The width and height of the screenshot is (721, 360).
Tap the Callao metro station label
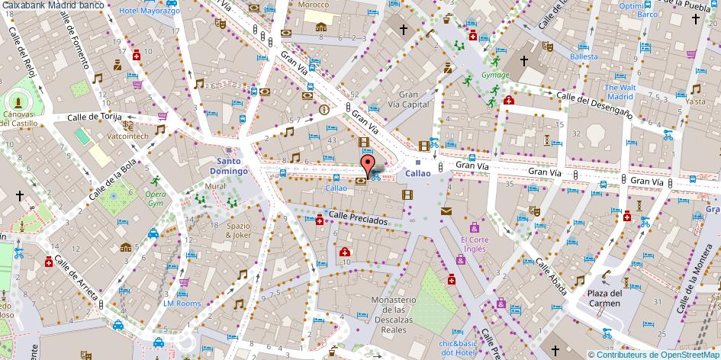(x=418, y=173)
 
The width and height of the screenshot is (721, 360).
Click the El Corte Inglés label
(x=473, y=243)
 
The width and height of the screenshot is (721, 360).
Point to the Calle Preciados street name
(x=359, y=217)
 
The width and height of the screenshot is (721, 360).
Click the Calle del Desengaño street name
(x=594, y=104)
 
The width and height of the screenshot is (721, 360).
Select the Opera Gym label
(x=155, y=198)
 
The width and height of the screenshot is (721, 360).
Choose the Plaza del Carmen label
(x=604, y=297)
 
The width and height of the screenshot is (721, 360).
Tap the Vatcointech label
(x=127, y=136)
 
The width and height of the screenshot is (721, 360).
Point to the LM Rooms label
(x=182, y=303)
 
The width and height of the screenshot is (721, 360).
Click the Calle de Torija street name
(x=95, y=117)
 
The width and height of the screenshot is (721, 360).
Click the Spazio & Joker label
(x=238, y=230)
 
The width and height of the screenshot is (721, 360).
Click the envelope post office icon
(x=446, y=211)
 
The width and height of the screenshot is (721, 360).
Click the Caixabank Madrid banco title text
(x=53, y=5)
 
